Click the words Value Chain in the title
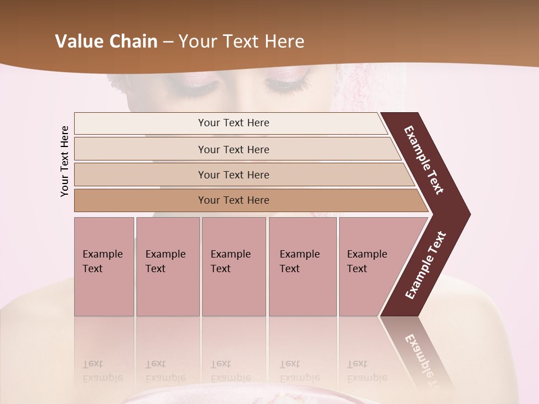pos(106,41)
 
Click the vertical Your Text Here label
pos(65,161)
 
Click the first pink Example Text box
pos(104,267)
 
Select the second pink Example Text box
pos(168,267)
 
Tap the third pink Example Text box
pos(234,267)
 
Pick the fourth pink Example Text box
pos(303,267)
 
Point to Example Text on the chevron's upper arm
pos(424,160)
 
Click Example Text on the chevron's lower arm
pos(425,265)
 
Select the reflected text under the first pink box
pos(102,371)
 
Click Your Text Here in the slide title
pos(241,41)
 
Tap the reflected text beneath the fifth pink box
pos(367,371)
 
